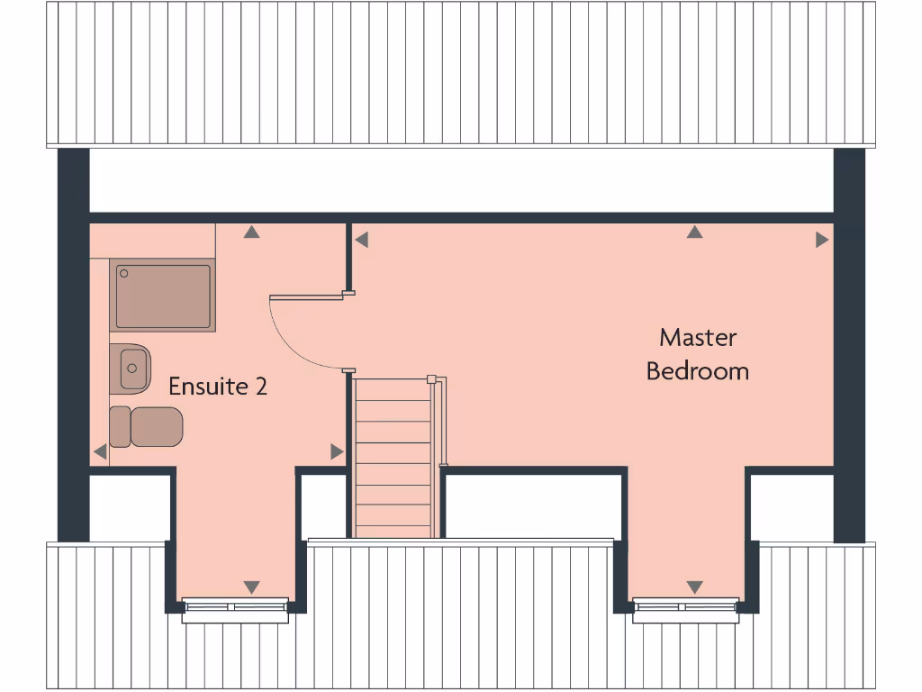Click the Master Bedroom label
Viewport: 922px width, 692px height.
(698, 354)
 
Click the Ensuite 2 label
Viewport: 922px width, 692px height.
(218, 387)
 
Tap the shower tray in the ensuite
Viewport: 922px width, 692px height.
(164, 295)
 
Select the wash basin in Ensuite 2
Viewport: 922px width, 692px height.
(131, 367)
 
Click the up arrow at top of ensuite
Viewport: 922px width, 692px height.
(252, 232)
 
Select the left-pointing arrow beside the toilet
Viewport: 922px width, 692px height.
(100, 452)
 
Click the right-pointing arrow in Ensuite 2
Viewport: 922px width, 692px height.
(337, 451)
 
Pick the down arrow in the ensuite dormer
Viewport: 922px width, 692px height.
(252, 587)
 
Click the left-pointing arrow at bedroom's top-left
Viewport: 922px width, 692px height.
(361, 240)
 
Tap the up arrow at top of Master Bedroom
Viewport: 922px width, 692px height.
(694, 232)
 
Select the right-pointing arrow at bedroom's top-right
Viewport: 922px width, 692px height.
(821, 240)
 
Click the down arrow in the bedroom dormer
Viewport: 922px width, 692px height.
(694, 587)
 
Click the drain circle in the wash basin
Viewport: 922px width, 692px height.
(133, 368)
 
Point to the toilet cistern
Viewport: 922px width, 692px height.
(120, 426)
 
